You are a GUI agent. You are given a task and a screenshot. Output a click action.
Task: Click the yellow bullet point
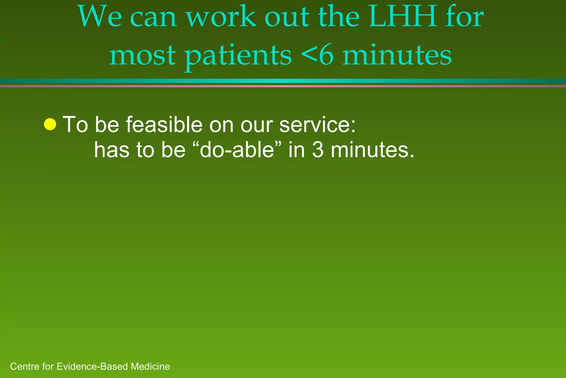click(50, 124)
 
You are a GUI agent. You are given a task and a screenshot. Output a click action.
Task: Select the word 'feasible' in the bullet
click(164, 125)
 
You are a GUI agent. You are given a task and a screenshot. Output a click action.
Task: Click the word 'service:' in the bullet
click(318, 125)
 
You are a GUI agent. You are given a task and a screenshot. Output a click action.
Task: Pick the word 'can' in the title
click(153, 17)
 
